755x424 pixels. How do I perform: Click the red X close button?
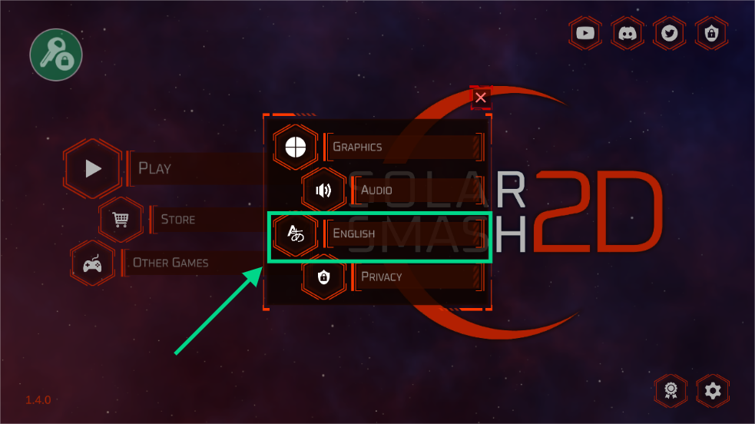[481, 98]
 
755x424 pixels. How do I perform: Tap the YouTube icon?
[586, 33]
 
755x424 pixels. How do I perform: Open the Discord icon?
[628, 33]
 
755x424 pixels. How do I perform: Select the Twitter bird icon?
[669, 33]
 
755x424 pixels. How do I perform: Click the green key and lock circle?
[56, 55]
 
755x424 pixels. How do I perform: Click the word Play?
[154, 168]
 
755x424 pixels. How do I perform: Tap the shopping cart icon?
[121, 220]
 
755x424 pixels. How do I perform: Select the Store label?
[178, 220]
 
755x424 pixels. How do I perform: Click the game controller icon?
[93, 263]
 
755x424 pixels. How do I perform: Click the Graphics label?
[357, 147]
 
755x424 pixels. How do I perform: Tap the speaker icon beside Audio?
[323, 190]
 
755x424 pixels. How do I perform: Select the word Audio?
[376, 190]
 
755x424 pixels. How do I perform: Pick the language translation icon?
[296, 234]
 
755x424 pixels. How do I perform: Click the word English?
[354, 234]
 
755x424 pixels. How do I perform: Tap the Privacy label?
[382, 277]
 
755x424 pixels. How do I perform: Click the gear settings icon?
[713, 391]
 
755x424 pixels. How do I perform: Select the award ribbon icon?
[671, 391]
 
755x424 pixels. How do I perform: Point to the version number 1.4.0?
[38, 400]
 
